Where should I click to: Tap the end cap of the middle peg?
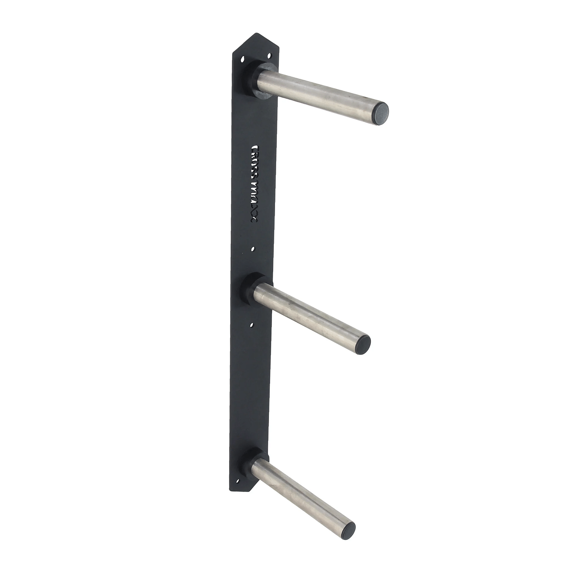[363, 344]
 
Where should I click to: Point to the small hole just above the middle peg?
[253, 249]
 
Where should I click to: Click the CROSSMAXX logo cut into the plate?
[255, 184]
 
